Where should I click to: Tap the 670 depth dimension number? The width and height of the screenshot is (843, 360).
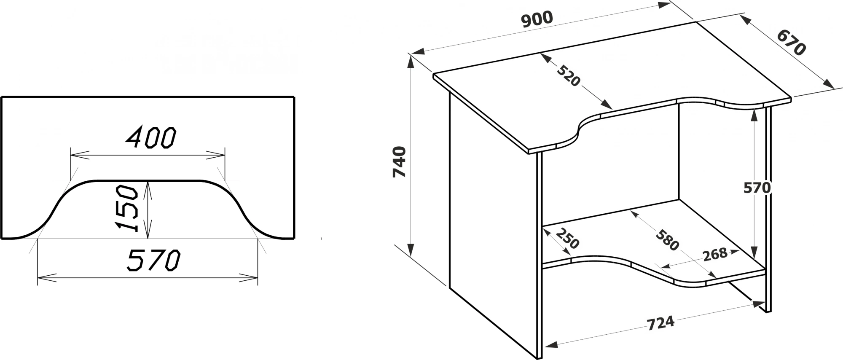791,43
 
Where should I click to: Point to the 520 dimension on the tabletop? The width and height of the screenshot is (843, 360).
569,75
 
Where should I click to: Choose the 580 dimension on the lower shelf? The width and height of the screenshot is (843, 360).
667,239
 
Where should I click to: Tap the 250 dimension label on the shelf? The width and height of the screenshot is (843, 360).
567,239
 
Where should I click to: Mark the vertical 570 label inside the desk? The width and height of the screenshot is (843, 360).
757,188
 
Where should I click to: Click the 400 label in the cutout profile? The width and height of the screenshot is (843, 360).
151,137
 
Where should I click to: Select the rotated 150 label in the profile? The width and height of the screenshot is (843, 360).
128,208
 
